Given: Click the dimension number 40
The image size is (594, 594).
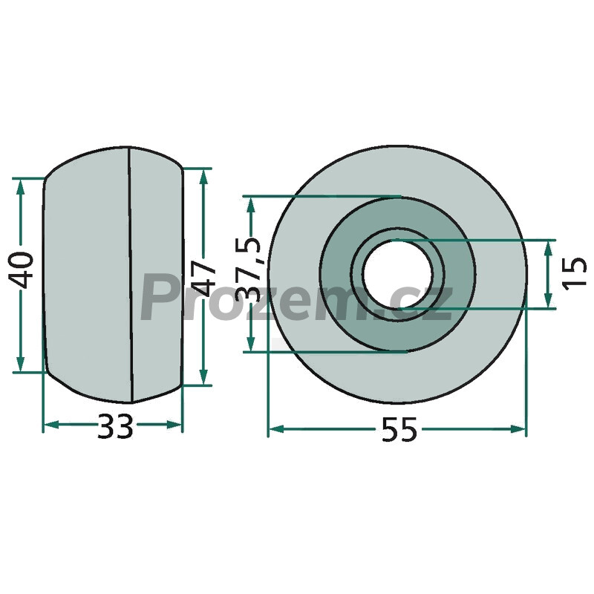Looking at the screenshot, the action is click(x=21, y=270).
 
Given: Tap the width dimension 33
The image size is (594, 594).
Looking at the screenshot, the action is click(x=115, y=426).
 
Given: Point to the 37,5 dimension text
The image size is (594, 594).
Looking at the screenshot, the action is click(x=248, y=270).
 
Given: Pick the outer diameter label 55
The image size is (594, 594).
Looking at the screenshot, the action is click(x=399, y=430).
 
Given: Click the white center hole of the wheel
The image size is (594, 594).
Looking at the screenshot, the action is click(x=397, y=274).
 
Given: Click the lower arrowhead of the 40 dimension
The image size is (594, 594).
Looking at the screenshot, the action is click(x=21, y=364).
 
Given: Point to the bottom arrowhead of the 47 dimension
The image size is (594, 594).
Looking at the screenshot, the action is click(x=203, y=376).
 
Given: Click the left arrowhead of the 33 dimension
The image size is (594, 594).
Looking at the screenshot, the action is click(x=51, y=425).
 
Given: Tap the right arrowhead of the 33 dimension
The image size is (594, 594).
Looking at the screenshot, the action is click(x=174, y=425).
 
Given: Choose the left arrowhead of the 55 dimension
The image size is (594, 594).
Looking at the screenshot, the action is click(x=276, y=429).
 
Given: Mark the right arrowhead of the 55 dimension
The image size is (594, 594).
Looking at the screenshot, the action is click(x=518, y=429).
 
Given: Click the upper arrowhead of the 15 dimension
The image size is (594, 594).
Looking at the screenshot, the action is click(x=548, y=249).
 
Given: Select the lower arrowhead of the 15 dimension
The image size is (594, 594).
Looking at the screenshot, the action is click(x=548, y=300).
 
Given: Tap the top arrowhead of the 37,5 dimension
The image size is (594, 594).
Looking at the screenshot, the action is click(x=250, y=205).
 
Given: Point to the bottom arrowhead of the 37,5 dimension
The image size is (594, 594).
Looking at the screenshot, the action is click(x=250, y=343).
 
